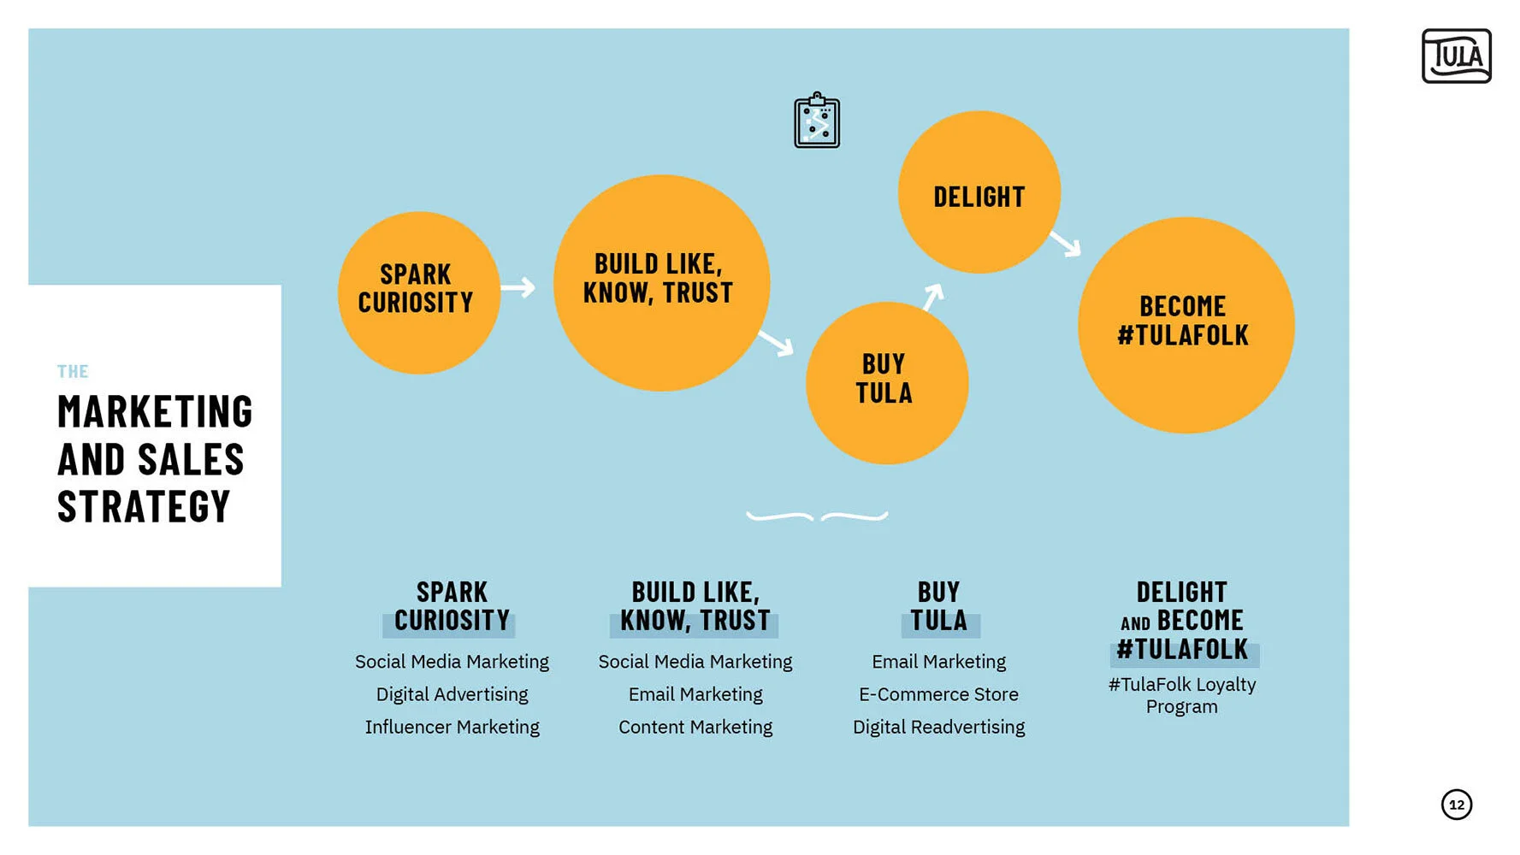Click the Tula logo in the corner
(x=1456, y=56)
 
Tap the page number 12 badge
(x=1456, y=805)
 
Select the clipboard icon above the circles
(x=816, y=121)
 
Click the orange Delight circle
(x=979, y=192)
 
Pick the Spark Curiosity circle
(x=418, y=292)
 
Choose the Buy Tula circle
(x=886, y=383)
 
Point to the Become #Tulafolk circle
(x=1186, y=325)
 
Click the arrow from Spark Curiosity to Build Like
(x=518, y=287)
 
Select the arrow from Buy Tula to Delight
(x=933, y=296)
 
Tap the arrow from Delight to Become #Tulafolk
(x=1066, y=244)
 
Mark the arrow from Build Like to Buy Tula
(x=776, y=343)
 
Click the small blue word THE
(x=73, y=372)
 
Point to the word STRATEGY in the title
(x=144, y=506)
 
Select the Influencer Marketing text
(x=452, y=727)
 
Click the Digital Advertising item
(x=452, y=694)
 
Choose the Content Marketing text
(x=695, y=727)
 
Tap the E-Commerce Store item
(x=938, y=694)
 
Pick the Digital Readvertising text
(x=938, y=727)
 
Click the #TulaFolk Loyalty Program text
(x=1182, y=695)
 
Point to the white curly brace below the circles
(x=817, y=516)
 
